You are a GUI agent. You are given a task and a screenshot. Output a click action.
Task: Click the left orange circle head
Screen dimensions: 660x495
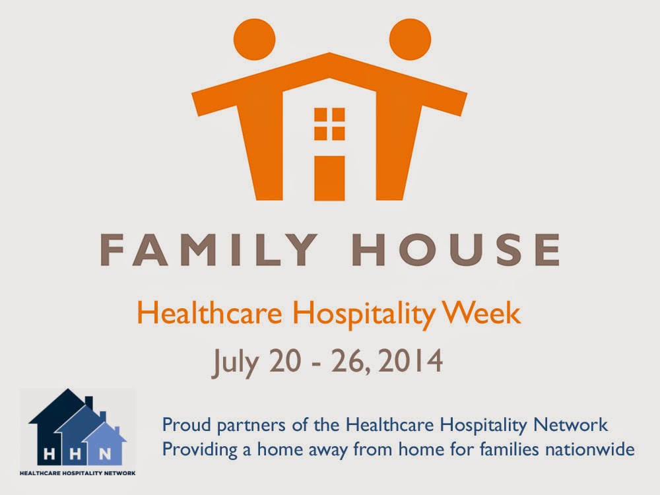click(254, 39)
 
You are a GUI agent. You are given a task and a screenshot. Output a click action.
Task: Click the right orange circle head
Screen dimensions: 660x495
click(410, 39)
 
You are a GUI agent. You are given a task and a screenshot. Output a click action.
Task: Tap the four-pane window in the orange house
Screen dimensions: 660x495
click(329, 124)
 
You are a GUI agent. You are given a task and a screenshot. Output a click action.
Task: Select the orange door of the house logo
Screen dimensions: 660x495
click(329, 178)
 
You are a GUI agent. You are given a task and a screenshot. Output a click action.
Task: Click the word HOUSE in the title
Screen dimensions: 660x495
click(459, 249)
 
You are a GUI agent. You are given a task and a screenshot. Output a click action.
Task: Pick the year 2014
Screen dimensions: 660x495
click(411, 361)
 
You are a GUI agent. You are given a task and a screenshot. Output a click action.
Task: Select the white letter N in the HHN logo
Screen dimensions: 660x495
click(104, 454)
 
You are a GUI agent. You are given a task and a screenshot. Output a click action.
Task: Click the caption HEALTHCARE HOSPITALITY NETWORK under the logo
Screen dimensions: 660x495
click(78, 473)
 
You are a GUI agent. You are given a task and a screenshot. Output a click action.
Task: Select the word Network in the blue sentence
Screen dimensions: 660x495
click(570, 424)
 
